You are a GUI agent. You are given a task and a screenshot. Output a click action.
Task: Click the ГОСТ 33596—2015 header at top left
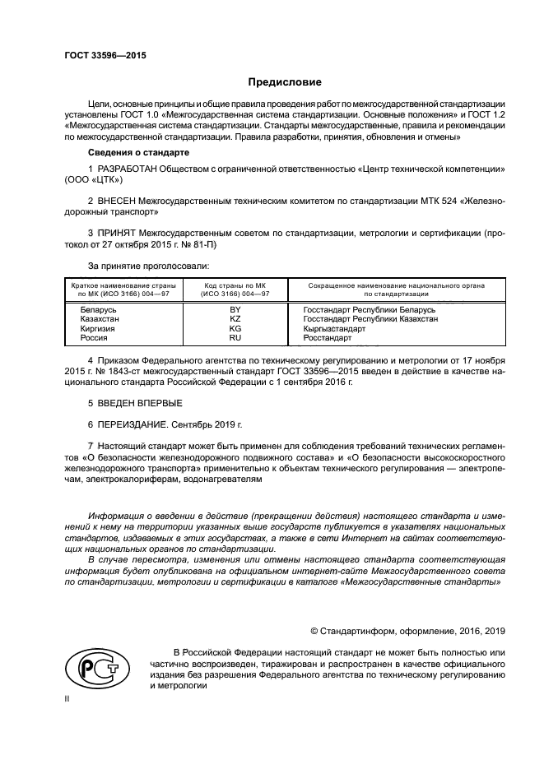tap(100, 56)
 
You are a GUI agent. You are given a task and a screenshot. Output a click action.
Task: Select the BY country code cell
tap(235, 309)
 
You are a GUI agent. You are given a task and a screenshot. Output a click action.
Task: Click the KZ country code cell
tap(235, 318)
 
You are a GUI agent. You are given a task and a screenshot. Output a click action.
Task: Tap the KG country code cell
tap(235, 328)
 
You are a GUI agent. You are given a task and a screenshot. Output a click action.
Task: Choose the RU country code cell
tap(235, 338)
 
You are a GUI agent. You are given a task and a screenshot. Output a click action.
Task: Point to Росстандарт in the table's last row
tap(327, 338)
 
